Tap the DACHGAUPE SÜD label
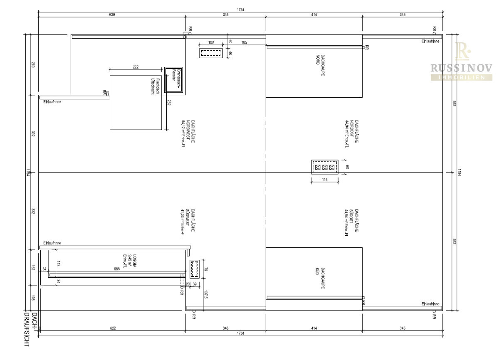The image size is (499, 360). click(320, 278)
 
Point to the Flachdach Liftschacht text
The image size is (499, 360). click(155, 87)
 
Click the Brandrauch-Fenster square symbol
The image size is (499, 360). click(173, 80)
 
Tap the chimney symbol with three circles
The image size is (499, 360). click(324, 167)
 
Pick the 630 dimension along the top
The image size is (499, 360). click(111, 15)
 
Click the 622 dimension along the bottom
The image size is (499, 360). click(113, 328)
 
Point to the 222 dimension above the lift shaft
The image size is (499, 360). click(136, 67)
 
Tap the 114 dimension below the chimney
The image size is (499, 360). click(324, 180)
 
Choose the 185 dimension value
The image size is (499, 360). click(243, 42)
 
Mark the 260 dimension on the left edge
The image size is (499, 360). click(33, 65)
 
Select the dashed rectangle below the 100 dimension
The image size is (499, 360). click(211, 53)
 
